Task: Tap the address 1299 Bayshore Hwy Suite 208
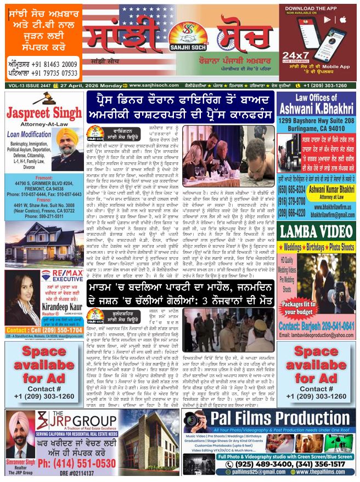[317, 120]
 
